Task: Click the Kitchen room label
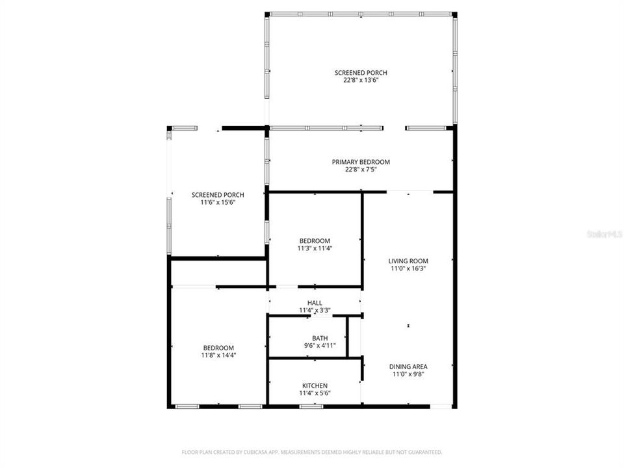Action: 315,385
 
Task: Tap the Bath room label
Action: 320,338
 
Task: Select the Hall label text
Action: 315,303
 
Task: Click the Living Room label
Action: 409,261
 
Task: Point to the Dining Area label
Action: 409,366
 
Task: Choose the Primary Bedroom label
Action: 361,162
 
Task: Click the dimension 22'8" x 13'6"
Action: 361,81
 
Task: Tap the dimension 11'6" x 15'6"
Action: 218,203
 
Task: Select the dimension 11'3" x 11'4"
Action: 315,248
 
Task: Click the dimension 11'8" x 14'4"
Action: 218,356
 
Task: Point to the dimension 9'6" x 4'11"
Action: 320,346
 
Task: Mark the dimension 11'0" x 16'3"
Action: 409,268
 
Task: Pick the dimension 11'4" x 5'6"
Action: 315,393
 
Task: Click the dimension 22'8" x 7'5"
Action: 361,170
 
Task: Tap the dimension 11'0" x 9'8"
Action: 409,374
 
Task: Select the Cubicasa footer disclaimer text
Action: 312,452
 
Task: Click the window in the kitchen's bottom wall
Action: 311,406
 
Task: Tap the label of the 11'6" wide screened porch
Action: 218,195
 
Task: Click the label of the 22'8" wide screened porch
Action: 361,73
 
